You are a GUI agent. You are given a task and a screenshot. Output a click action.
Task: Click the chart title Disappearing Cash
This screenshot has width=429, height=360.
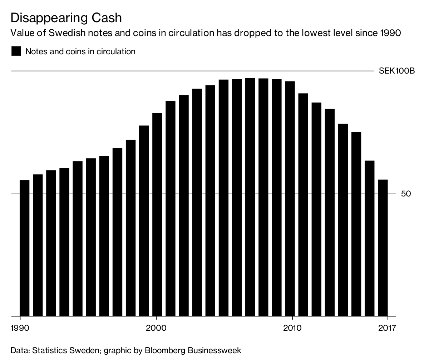point(66,17)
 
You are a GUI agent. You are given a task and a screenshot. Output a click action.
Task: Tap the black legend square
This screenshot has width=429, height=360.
point(16,51)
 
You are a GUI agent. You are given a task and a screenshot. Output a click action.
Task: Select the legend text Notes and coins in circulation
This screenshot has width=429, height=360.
point(80,51)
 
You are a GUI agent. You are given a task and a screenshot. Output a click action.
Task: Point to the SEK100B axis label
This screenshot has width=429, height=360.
point(396,71)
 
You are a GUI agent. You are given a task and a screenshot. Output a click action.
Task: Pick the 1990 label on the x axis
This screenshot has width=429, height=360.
point(20,328)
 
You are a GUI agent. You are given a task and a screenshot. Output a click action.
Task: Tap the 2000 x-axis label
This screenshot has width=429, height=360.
point(156,328)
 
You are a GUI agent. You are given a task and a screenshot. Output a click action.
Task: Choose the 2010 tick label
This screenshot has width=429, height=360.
point(293,328)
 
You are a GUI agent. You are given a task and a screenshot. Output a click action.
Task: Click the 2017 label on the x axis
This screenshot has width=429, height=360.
point(387,328)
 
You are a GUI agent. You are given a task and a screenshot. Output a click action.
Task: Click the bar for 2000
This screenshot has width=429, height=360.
point(157,214)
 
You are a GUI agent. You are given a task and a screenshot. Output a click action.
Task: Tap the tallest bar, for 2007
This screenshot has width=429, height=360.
point(250,197)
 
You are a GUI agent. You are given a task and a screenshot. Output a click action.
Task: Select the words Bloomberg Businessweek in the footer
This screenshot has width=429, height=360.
point(193,350)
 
